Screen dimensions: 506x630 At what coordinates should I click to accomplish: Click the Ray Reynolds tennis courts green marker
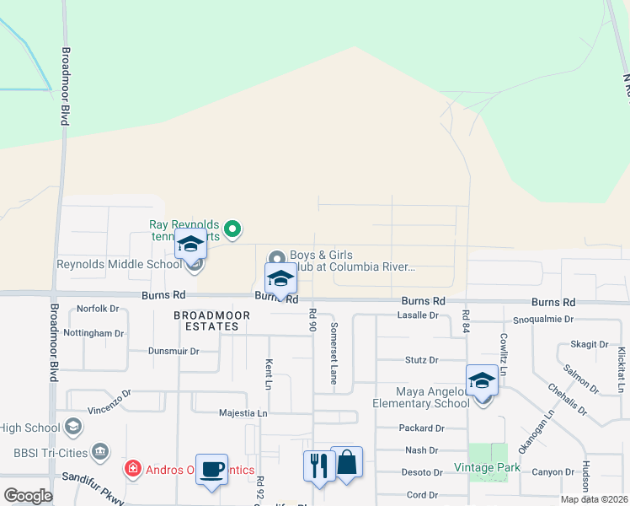pos(234,228)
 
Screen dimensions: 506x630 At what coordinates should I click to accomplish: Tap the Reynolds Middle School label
pos(118,264)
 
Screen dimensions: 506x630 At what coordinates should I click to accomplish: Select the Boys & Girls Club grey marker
pos(276,258)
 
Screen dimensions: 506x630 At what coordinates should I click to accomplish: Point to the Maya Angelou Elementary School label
pos(432,397)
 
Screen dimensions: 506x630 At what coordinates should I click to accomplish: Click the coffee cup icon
pos(211,469)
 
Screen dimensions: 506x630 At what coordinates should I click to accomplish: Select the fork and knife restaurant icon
pos(318,465)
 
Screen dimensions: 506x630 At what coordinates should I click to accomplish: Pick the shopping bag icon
pos(346,462)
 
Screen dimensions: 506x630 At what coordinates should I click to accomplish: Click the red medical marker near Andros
pos(132,467)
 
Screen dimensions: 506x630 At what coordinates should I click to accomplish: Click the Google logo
pos(29,496)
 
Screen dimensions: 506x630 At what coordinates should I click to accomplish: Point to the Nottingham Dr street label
pos(94,333)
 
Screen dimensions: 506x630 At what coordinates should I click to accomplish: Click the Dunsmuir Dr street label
pos(174,351)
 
